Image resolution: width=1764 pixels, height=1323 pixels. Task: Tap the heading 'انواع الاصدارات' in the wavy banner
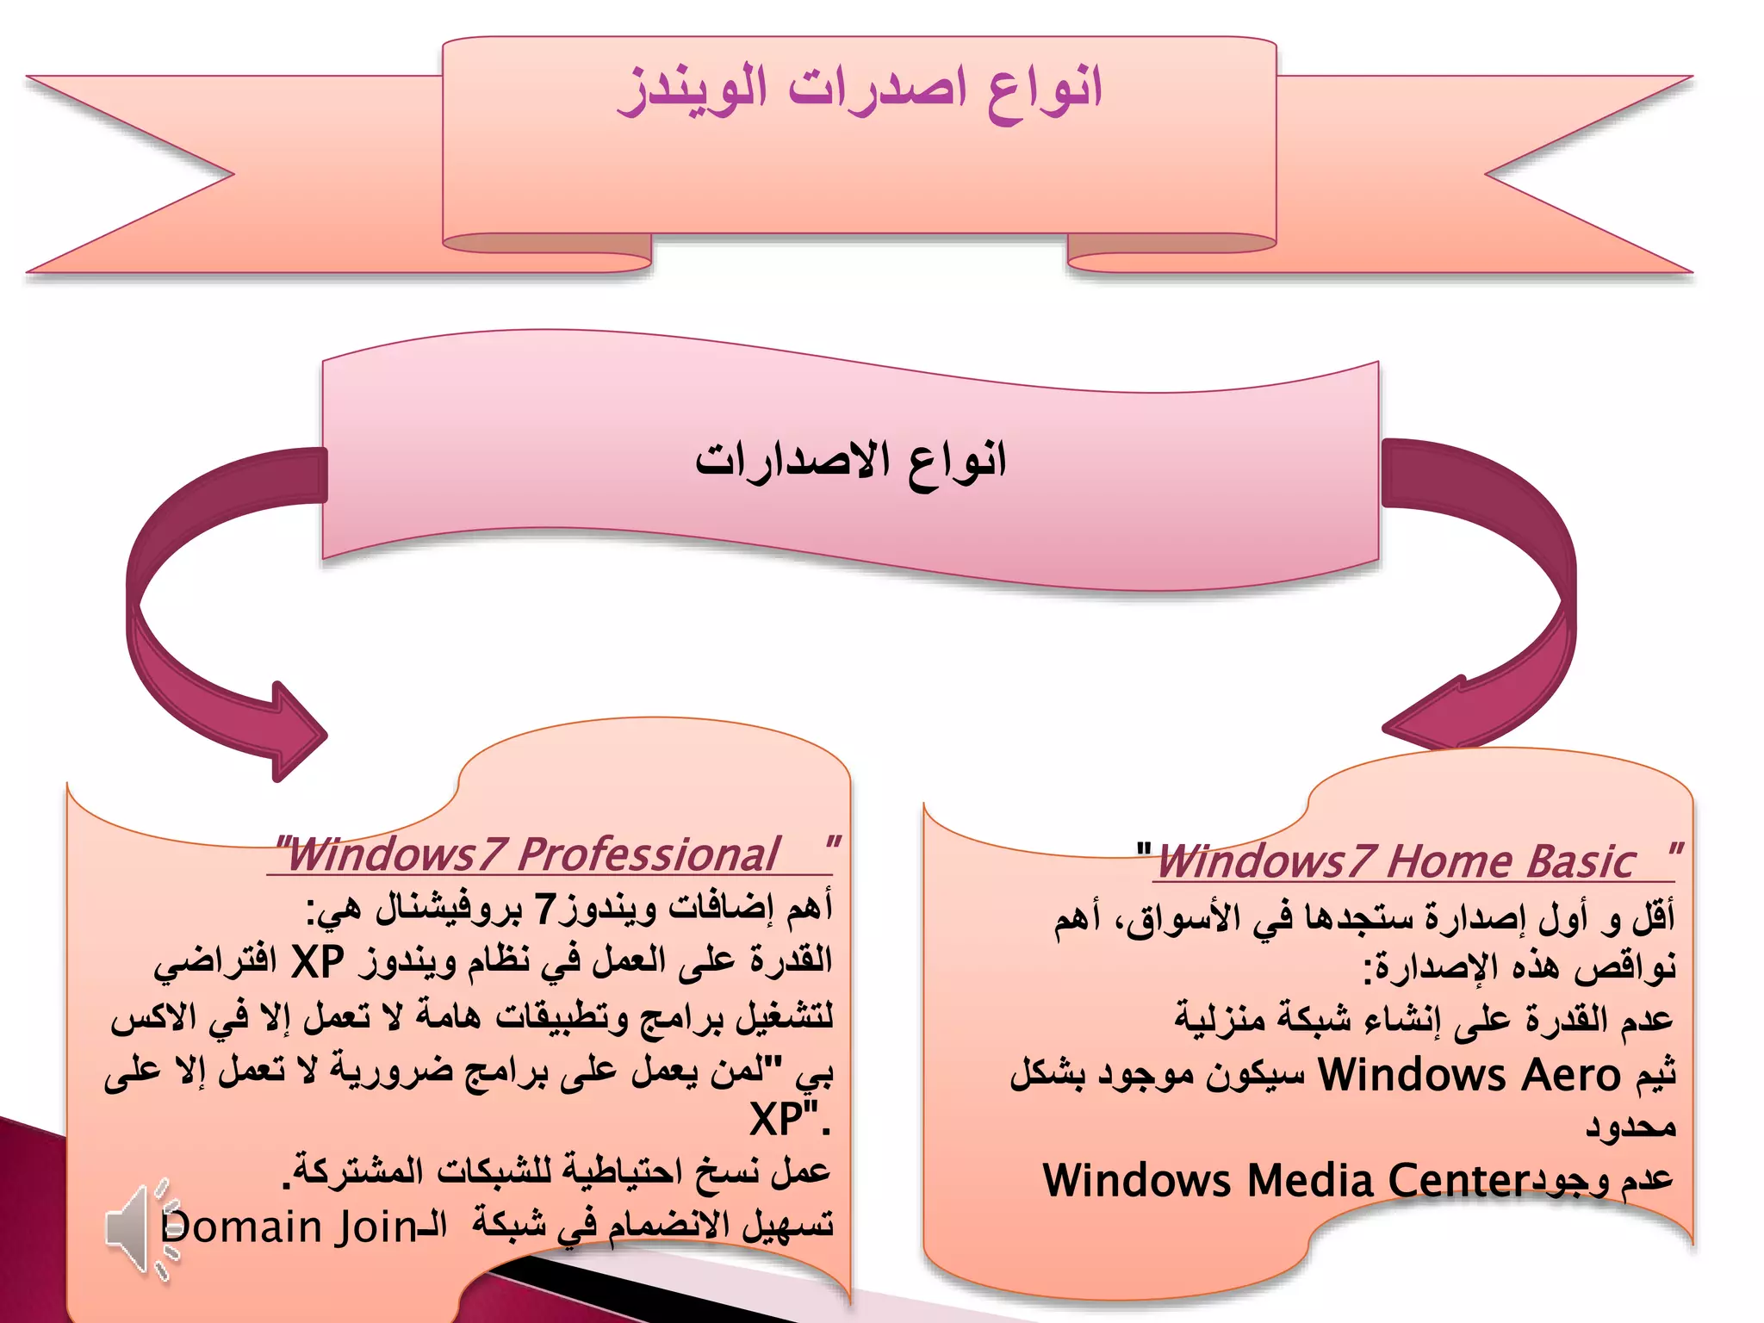(851, 461)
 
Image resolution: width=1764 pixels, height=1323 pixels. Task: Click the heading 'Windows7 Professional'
(532, 854)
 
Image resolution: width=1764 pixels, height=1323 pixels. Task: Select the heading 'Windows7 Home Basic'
(1395, 861)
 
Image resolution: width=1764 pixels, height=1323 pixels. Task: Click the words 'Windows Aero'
(1469, 1076)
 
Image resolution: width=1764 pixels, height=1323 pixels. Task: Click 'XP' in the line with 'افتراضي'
(318, 961)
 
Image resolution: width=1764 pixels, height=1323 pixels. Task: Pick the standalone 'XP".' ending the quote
(788, 1120)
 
